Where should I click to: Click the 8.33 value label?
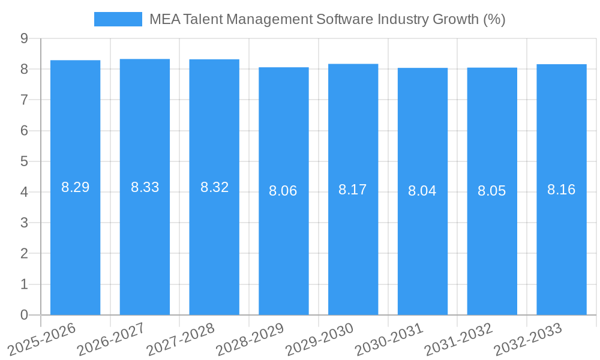145,187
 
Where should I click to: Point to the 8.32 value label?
214,187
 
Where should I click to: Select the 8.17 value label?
353,190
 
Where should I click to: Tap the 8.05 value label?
492,191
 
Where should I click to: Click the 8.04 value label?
422,191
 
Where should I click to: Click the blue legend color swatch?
118,19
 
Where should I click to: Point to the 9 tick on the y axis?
24,38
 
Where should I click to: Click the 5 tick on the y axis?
24,161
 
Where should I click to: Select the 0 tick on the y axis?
24,315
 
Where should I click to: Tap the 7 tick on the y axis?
24,100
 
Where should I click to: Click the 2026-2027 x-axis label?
112,339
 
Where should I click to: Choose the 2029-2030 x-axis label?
320,339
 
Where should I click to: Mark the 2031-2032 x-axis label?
458,339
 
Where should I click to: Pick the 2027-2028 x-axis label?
181,339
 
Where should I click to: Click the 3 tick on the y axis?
24,223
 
